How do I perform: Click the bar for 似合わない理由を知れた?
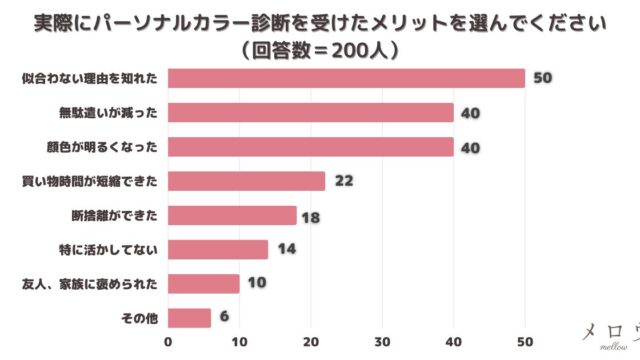tap(346, 78)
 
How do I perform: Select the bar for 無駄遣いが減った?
tap(310, 112)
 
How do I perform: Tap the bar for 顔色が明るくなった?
tap(310, 147)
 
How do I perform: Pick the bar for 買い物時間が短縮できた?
tap(246, 181)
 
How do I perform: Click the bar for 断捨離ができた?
tap(232, 215)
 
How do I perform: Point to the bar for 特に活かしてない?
tap(218, 249)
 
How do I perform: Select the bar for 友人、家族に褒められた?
tap(203, 283)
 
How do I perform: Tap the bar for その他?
tap(189, 318)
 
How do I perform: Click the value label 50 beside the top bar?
tap(543, 78)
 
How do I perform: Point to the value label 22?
tap(344, 181)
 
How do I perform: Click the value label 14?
tap(287, 249)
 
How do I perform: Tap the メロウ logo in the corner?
tap(608, 333)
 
